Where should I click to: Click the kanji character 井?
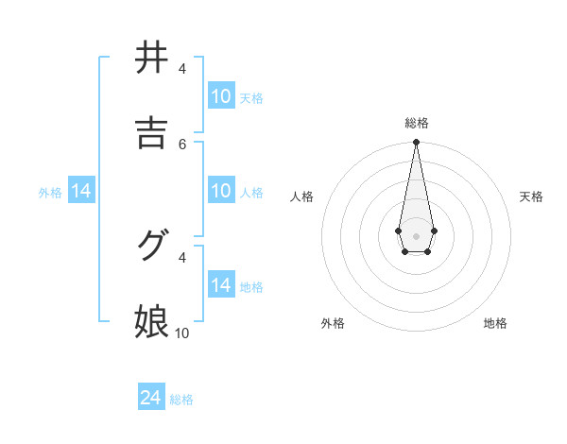tap(151, 59)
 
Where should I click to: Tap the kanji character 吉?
tap(151, 133)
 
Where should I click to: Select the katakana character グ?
tap(151, 246)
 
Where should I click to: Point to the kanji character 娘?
tap(151, 321)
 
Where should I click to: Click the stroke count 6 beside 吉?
tap(182, 144)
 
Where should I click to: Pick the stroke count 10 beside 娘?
tap(182, 333)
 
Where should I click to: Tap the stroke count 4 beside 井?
tap(182, 69)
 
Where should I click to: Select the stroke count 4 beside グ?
tap(182, 256)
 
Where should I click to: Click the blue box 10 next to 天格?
tap(220, 96)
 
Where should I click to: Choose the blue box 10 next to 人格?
tap(220, 191)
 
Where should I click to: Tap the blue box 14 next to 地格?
tap(220, 285)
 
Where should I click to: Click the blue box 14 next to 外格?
tap(81, 191)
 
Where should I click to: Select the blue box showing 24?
tap(151, 399)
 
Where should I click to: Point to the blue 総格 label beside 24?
tap(181, 400)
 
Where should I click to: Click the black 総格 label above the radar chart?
tap(417, 123)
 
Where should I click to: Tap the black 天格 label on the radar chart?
tap(531, 196)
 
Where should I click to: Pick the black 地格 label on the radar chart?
tap(495, 323)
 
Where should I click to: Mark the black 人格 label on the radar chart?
tap(302, 196)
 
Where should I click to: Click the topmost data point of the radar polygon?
tap(416, 142)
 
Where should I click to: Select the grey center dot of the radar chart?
tap(416, 234)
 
